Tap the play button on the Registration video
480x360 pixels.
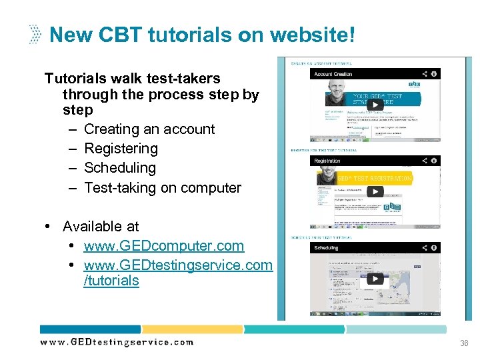(375, 192)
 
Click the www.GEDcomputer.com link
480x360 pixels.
(164, 246)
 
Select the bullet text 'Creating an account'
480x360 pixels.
(149, 129)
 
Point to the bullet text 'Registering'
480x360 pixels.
(121, 149)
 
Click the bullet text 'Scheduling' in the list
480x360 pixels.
(120, 168)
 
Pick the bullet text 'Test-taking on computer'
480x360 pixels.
(163, 188)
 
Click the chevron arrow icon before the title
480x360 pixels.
(35, 34)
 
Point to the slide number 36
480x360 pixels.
(465, 343)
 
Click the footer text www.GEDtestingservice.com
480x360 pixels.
(117, 342)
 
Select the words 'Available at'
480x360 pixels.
(101, 227)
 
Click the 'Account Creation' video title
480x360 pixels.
(333, 74)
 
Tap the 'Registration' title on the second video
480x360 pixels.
(327, 161)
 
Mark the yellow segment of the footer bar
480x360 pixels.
(192, 329)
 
